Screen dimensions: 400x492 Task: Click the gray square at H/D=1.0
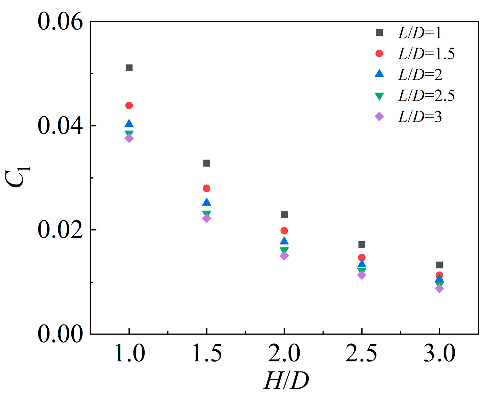click(x=129, y=68)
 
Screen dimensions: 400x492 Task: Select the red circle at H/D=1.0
click(x=129, y=105)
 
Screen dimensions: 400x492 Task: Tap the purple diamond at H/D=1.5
click(x=206, y=218)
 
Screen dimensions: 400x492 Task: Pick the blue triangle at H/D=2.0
click(x=284, y=241)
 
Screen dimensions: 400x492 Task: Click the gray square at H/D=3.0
click(x=439, y=265)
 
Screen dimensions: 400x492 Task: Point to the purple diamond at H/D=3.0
click(x=439, y=288)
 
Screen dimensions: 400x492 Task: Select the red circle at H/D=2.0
click(x=284, y=231)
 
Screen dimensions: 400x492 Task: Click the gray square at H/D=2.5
click(x=362, y=244)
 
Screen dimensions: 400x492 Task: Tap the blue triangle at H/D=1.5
click(x=206, y=202)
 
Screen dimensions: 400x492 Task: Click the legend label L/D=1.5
click(x=426, y=54)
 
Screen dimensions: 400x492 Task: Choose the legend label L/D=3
click(x=420, y=117)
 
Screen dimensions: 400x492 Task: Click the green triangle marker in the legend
click(x=379, y=96)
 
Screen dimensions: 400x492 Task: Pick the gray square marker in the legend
click(x=379, y=32)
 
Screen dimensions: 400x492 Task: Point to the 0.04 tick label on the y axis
click(x=60, y=126)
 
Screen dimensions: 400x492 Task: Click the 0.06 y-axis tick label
click(x=60, y=22)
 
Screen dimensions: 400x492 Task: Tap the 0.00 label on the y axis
click(x=60, y=334)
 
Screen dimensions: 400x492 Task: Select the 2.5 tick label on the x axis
click(x=361, y=353)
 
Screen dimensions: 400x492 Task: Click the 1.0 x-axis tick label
click(x=129, y=353)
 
